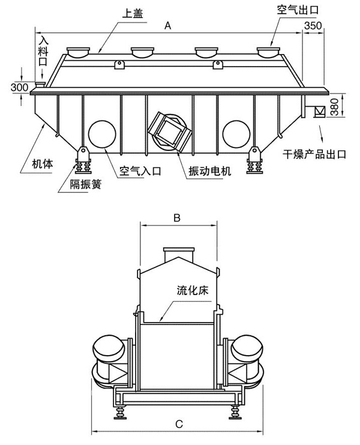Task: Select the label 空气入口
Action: [140, 171]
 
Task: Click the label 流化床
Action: [191, 290]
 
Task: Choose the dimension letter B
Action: [177, 219]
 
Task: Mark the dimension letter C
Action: [179, 424]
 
